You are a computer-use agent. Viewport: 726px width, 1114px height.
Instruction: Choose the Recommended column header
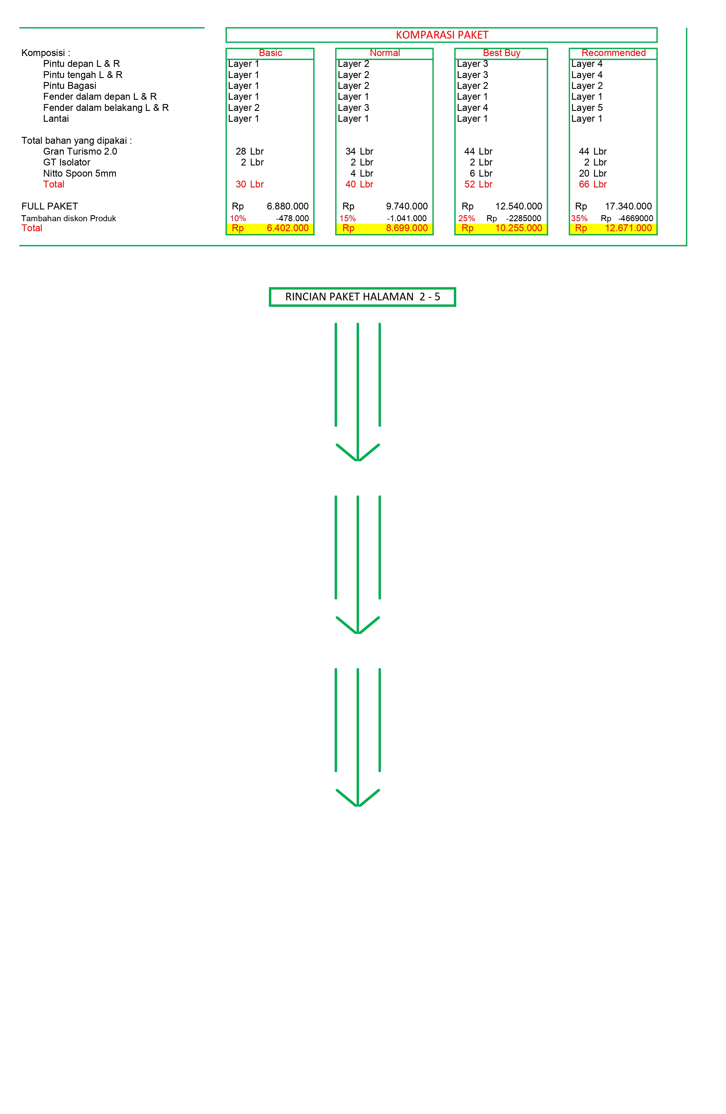[613, 53]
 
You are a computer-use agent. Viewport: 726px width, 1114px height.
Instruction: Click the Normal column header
[384, 53]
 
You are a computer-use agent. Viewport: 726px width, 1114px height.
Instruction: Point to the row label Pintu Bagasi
[70, 86]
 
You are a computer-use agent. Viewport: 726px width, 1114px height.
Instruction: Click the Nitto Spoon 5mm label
[79, 173]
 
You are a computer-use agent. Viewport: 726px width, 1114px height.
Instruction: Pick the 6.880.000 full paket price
[288, 206]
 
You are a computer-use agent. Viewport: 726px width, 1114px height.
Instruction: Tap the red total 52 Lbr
[478, 184]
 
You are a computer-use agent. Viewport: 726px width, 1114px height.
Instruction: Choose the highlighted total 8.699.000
[406, 228]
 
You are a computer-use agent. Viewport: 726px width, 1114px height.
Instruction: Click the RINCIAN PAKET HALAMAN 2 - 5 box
[362, 297]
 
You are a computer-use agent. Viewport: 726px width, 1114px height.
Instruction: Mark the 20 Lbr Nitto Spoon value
[592, 173]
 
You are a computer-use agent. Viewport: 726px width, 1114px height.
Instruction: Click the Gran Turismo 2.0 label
[80, 151]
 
